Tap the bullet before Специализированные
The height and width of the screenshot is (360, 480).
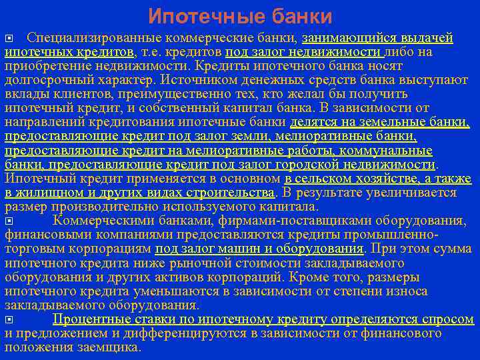(x=8, y=38)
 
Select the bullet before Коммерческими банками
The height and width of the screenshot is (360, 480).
(x=8, y=220)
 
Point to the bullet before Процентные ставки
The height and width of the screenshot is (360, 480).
(x=8, y=320)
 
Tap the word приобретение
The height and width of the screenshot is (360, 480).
(x=43, y=66)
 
